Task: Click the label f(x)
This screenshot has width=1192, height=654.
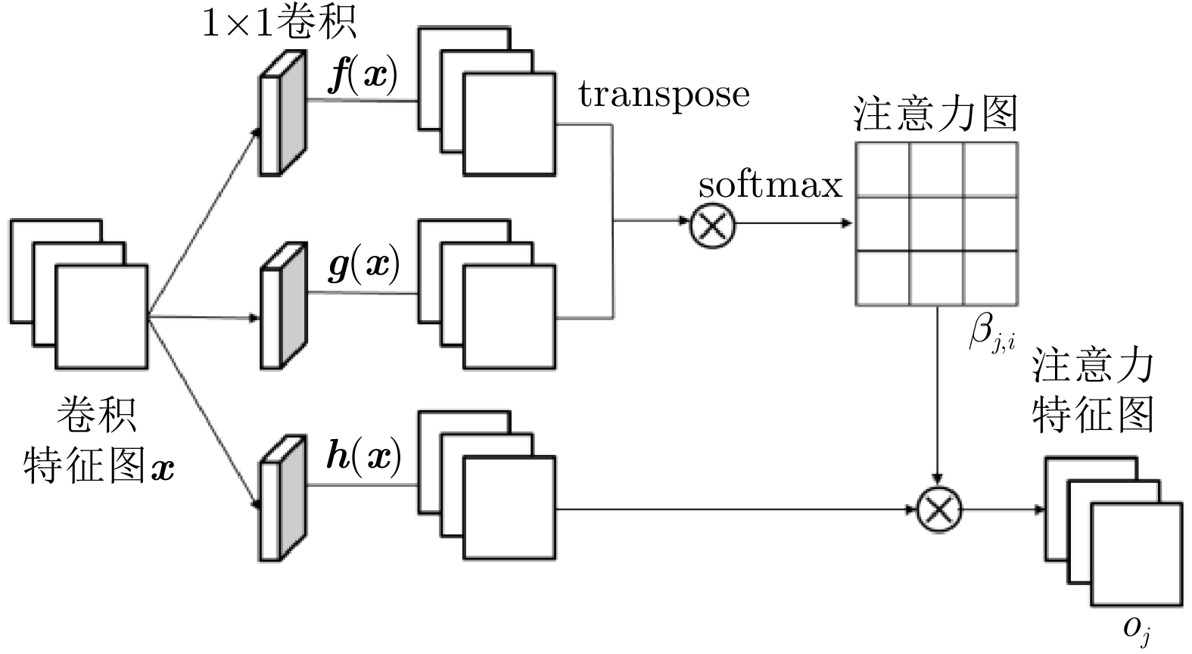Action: (x=363, y=76)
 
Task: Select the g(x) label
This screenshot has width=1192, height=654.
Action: (x=363, y=265)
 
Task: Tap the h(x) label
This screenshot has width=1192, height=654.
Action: (x=363, y=456)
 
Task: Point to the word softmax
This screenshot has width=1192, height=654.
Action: (x=770, y=185)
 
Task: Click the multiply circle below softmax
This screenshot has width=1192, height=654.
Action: (x=713, y=225)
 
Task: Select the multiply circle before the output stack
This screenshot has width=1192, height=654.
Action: (x=938, y=509)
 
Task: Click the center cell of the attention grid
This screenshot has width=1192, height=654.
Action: (x=936, y=224)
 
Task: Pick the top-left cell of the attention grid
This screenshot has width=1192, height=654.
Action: (x=882, y=170)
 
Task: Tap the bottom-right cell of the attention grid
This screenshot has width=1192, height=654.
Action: (x=990, y=278)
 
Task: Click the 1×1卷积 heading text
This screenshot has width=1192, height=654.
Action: (x=279, y=23)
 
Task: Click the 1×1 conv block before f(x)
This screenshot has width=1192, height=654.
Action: (x=282, y=114)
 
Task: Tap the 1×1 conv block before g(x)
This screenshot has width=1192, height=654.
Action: (x=282, y=306)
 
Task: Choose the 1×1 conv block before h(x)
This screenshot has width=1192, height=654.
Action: (x=282, y=498)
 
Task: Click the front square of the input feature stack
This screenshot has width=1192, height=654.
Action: (x=101, y=316)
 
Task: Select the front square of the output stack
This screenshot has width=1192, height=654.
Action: (x=1136, y=554)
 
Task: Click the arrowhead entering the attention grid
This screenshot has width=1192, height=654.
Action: (x=848, y=223)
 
